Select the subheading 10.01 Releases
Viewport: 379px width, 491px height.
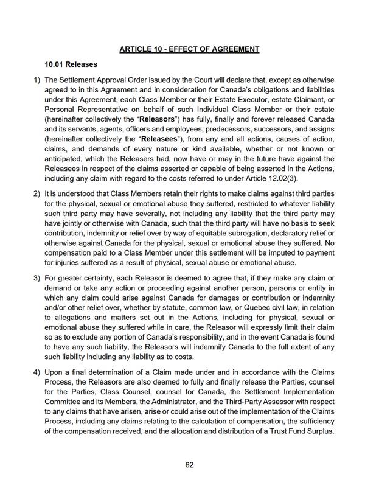71,64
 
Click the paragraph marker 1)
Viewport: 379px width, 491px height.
36,80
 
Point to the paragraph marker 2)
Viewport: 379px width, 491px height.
36,193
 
